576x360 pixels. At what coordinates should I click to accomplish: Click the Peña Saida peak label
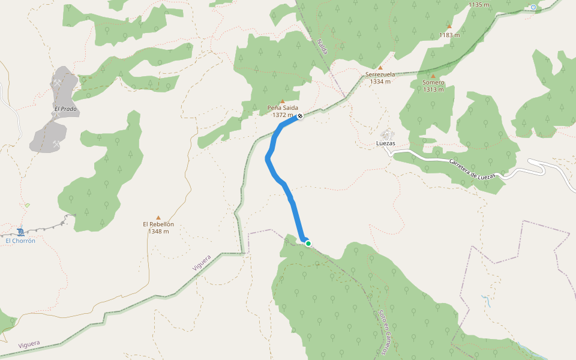283,108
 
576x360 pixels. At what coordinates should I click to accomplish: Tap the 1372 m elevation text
282,115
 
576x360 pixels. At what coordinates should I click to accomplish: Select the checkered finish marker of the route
299,116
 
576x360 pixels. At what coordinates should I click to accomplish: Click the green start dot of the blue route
308,243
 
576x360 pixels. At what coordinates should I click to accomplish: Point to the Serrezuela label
380,74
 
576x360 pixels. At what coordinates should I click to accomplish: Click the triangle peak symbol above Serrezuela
380,67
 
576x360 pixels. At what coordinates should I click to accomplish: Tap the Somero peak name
433,82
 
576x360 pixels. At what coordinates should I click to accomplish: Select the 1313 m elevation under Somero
433,89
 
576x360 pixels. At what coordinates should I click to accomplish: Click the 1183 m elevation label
449,35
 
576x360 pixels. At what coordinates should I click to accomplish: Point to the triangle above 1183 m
449,26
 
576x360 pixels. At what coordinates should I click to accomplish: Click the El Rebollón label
158,224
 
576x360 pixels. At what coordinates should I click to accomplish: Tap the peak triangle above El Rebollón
158,217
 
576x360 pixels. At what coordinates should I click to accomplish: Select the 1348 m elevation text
158,232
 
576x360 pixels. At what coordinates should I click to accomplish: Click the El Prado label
66,109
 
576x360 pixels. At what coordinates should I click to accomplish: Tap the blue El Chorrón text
20,241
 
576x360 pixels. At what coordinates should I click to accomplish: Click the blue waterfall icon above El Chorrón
21,232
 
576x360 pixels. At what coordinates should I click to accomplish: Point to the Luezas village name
386,144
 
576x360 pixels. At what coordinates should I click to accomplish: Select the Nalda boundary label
322,47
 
